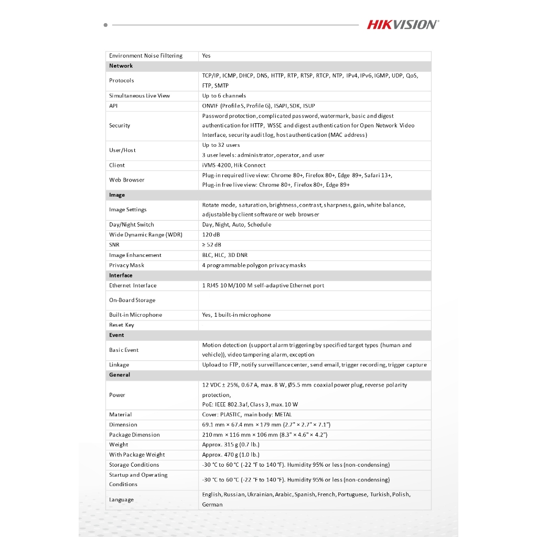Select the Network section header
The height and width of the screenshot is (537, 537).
121,66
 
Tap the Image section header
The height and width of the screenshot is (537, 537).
117,195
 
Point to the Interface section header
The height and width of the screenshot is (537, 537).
121,275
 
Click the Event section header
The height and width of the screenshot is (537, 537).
116,335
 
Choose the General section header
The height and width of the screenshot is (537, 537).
120,375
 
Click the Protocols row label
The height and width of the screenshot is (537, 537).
122,81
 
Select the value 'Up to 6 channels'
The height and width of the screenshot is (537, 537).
224,96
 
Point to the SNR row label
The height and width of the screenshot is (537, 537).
114,245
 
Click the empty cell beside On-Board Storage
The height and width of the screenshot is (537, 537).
315,300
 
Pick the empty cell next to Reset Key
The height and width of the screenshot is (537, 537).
315,325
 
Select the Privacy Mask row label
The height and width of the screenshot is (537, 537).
126,265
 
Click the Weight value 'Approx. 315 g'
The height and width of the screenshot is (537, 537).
231,445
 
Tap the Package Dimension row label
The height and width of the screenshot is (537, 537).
134,435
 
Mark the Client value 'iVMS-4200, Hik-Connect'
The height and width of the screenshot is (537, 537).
234,165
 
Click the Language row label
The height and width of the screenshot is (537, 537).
121,500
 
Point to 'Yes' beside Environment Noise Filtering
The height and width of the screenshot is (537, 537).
207,56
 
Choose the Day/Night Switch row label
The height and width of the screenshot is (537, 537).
132,225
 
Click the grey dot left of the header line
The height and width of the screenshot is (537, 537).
106,25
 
